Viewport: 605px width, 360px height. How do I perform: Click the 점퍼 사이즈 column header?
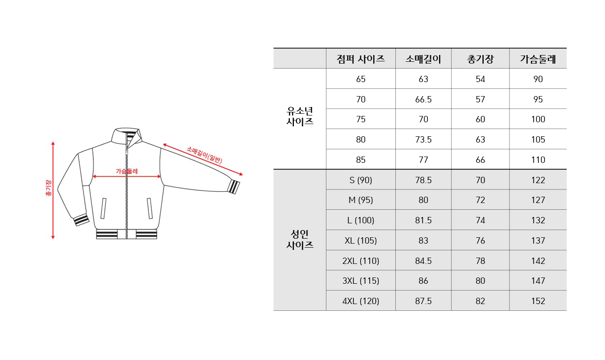(x=361, y=59)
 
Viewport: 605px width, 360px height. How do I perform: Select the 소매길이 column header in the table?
(x=423, y=59)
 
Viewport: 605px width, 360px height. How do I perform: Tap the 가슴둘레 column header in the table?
(x=538, y=59)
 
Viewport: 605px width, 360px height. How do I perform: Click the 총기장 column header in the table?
(x=480, y=59)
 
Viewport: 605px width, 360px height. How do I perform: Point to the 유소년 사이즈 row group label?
(x=300, y=116)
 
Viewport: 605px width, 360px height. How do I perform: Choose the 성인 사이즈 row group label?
(x=300, y=240)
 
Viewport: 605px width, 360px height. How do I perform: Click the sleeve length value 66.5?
(x=423, y=99)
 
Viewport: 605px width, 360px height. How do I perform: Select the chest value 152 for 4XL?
(x=538, y=301)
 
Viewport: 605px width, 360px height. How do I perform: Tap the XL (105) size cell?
(x=361, y=240)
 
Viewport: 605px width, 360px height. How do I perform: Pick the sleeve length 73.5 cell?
(x=423, y=139)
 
